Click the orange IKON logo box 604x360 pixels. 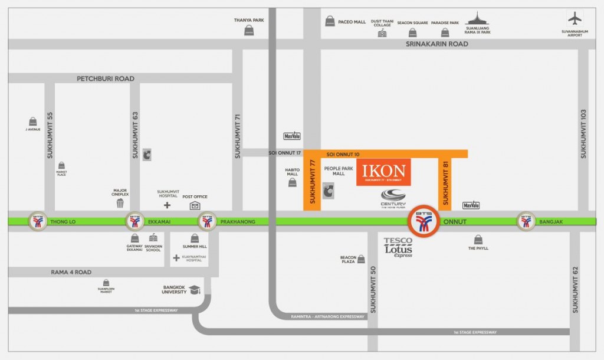point(383,172)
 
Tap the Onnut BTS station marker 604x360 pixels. point(424,221)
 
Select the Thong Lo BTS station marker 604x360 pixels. point(38,221)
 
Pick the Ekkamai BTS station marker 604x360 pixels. point(134,221)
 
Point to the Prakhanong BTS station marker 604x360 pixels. point(207,221)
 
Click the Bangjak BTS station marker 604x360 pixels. point(526,221)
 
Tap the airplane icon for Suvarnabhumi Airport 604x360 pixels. point(575,18)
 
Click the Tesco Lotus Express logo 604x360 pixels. point(398,247)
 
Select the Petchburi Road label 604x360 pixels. point(106,78)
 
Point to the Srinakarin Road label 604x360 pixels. point(436,44)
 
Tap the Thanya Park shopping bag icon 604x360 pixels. point(249,30)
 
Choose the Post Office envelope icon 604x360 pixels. point(195,205)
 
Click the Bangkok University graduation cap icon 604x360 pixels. point(194,290)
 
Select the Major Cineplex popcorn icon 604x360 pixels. point(120,204)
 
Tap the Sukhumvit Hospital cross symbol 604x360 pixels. point(167,205)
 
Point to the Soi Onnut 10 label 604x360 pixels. point(343,154)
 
